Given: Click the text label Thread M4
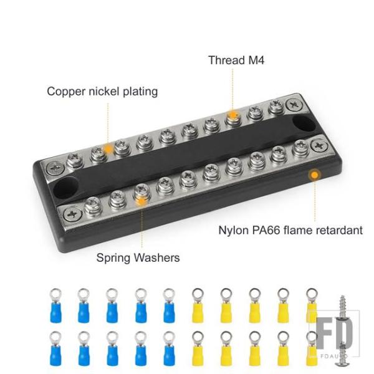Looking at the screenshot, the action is (x=236, y=60).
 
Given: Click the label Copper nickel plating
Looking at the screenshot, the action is (x=102, y=92).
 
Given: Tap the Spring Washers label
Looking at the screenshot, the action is (x=138, y=257).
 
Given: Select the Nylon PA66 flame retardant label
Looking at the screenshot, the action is (x=290, y=230).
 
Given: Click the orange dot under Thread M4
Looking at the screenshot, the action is (x=233, y=115).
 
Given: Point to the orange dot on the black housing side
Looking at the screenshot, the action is (x=315, y=175).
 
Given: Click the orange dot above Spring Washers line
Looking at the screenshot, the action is (x=141, y=201).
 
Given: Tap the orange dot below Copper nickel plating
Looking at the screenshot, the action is (x=108, y=150).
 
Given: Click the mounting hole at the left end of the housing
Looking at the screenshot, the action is (x=65, y=188).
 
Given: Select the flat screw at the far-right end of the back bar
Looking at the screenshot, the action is (x=294, y=105).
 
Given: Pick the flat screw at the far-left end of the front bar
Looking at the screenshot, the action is (x=73, y=214).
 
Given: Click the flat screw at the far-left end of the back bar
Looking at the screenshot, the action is (x=55, y=168).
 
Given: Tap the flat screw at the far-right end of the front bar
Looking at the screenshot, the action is (x=319, y=145).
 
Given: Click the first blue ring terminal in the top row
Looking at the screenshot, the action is (x=55, y=305).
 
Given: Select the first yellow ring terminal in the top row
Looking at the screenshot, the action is (x=198, y=305).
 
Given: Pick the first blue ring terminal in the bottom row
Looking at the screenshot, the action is (x=55, y=348).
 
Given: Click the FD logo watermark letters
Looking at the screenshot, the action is (x=334, y=333).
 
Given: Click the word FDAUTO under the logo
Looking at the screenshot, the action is (x=334, y=356).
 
